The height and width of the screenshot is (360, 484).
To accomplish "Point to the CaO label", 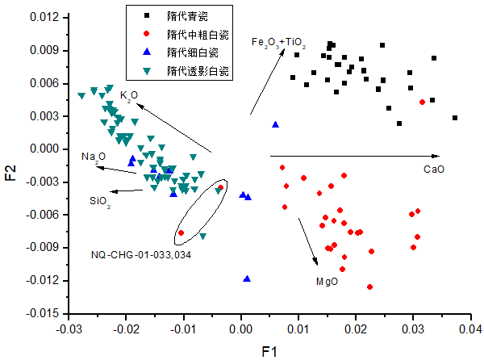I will click(x=434, y=170).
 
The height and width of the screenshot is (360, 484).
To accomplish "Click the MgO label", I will click(x=327, y=282).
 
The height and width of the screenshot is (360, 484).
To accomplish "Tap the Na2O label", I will click(x=94, y=157).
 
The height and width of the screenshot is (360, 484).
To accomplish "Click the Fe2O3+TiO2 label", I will click(x=278, y=42).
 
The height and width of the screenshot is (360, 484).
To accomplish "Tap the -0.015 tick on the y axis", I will click(x=48, y=313).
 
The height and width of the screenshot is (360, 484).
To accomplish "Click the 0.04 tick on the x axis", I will click(x=470, y=329).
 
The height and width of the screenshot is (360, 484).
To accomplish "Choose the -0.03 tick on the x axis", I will click(x=70, y=329).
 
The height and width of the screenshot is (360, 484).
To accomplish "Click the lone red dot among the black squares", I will click(x=422, y=103).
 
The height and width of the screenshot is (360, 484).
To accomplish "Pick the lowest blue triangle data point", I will click(x=247, y=279).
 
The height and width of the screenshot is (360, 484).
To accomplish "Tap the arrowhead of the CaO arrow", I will click(x=438, y=156).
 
